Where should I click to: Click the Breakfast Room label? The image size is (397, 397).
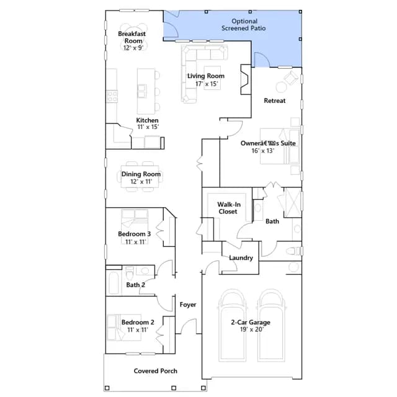tap(132, 37)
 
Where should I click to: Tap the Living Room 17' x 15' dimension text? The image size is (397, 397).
tap(207, 84)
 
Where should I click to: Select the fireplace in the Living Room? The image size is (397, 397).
tap(246, 79)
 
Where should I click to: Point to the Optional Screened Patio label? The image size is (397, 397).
tap(244, 25)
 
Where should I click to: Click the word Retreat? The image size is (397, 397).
tap(275, 100)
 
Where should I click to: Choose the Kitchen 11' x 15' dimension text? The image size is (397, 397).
tap(148, 127)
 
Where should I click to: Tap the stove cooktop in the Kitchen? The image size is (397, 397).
tap(112, 96)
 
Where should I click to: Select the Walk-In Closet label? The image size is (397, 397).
tap(229, 208)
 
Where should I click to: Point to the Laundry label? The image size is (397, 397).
tap(241, 258)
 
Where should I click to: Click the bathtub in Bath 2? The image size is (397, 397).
tap(114, 283)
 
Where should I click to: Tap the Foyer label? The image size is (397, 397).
tap(188, 305)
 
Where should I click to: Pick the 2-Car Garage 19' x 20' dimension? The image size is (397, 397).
tap(252, 329)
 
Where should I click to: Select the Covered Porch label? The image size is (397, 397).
tap(156, 371)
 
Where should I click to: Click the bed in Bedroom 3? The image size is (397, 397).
tap(135, 226)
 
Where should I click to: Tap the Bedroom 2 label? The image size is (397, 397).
tap(138, 322)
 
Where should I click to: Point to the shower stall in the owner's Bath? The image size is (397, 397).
tap(293, 202)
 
